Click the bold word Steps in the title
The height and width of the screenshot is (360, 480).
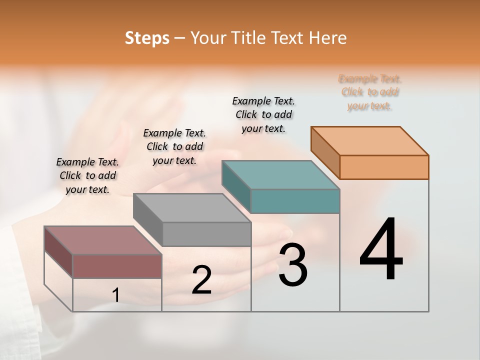147,38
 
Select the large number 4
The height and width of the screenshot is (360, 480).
381,250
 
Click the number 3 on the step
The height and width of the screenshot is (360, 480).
293,265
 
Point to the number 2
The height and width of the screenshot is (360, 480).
201,280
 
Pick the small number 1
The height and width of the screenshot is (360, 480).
116,295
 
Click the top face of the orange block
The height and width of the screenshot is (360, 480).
370,140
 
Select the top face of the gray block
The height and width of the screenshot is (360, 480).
192,208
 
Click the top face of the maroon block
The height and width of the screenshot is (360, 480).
103,240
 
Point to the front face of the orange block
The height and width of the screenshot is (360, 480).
384,167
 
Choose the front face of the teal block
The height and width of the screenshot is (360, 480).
295,201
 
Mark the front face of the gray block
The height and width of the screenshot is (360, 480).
206,234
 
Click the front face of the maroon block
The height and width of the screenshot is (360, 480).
117,266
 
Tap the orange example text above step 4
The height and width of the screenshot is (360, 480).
370,92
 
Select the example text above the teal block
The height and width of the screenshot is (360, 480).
263,114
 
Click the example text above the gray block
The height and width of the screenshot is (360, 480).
174,146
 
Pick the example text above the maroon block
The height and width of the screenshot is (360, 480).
87,175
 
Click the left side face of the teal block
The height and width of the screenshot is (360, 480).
236,187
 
